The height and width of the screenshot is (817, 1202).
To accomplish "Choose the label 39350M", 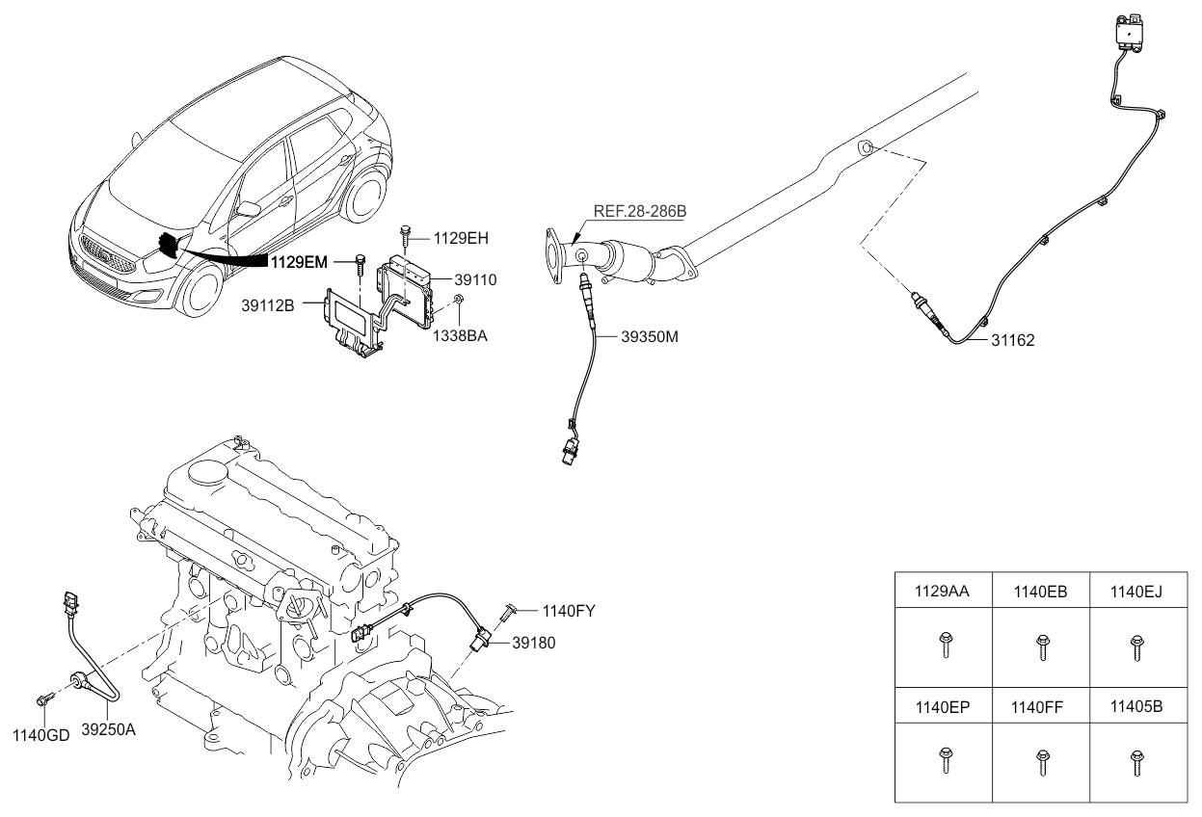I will coord(650,337).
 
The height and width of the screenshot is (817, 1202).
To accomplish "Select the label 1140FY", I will coord(571,610).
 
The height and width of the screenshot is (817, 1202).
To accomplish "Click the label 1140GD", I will coord(40,736).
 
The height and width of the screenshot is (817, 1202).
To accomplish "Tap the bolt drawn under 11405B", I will coord(1137,761).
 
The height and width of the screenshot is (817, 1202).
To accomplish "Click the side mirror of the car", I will coord(251,208).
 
